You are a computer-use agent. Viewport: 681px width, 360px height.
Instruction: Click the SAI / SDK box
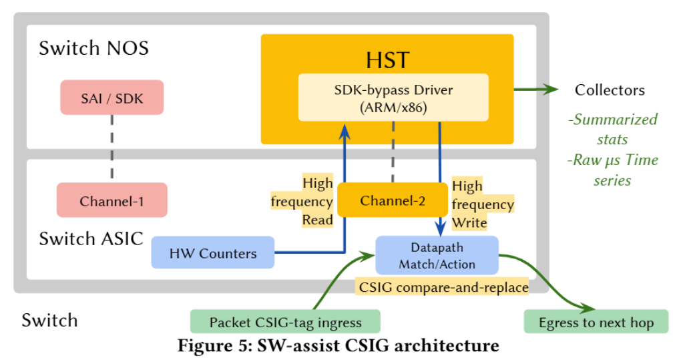pyautogui.click(x=112, y=98)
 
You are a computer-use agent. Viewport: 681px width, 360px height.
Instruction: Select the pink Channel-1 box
pyautogui.click(x=112, y=200)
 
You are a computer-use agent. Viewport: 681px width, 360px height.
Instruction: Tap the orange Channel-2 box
pyautogui.click(x=393, y=200)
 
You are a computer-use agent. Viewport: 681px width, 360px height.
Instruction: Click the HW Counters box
pyautogui.click(x=213, y=252)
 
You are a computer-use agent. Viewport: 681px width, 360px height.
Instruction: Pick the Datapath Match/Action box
pyautogui.click(x=437, y=255)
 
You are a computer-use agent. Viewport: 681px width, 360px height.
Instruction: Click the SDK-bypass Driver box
pyautogui.click(x=393, y=98)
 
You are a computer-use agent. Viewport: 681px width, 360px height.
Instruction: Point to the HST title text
pyautogui.click(x=387, y=60)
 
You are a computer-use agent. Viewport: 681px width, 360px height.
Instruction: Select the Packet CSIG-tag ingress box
pyautogui.click(x=285, y=322)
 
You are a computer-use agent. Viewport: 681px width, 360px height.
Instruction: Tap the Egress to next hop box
pyautogui.click(x=596, y=322)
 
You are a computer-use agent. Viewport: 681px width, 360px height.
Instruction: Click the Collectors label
pyautogui.click(x=610, y=90)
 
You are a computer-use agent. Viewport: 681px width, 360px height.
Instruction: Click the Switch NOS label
pyautogui.click(x=94, y=48)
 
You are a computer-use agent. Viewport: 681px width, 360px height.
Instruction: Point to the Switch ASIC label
pyautogui.click(x=91, y=238)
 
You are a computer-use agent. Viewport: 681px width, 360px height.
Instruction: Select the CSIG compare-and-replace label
pyautogui.click(x=442, y=287)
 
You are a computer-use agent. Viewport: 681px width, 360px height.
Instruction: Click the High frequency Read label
pyautogui.click(x=302, y=200)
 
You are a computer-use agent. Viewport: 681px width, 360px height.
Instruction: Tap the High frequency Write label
pyautogui.click(x=483, y=204)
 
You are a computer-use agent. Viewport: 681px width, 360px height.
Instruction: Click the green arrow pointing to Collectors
pyautogui.click(x=536, y=89)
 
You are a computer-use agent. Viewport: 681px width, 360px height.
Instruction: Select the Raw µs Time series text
pyautogui.click(x=613, y=170)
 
